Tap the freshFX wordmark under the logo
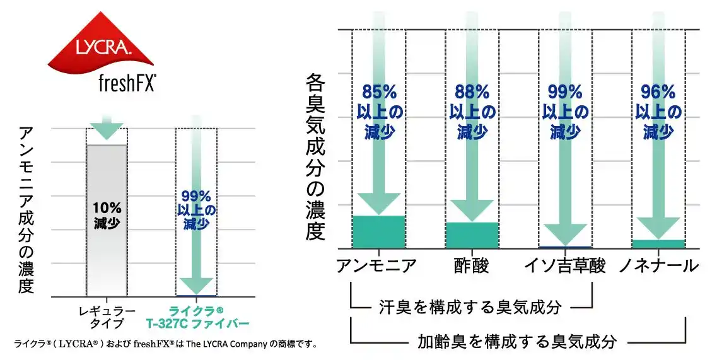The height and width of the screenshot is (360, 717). pos(127,82)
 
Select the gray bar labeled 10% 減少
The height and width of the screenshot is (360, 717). pos(107,220)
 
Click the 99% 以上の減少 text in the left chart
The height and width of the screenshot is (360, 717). pos(197,209)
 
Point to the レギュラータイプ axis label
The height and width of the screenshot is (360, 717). pos(107,317)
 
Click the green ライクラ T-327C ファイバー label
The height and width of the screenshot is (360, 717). pos(197,317)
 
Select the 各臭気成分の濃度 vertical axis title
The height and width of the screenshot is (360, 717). pos(315,158)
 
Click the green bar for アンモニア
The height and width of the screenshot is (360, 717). pos(378,231)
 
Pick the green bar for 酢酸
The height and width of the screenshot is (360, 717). pos(472,235)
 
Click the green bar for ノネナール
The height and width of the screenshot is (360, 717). pos(658,243)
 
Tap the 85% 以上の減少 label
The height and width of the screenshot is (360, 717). pos(378,112)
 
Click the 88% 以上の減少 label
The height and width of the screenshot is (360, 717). pos(472,112)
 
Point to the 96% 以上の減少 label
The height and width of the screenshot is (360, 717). pos(658,112)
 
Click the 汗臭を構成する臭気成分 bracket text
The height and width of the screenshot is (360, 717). pos(470,307)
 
